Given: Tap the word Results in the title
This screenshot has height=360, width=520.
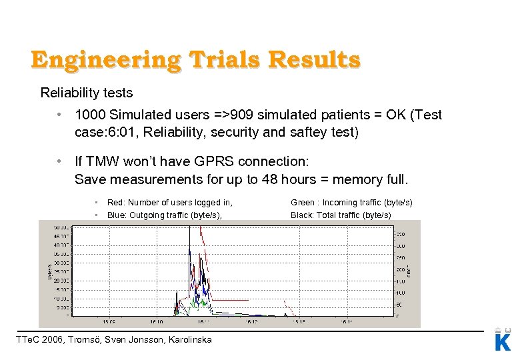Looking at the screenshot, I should pos(313,61).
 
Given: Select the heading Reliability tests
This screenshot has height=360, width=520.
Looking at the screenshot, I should pos(87,93).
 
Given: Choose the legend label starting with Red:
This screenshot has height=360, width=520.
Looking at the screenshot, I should pos(169,203).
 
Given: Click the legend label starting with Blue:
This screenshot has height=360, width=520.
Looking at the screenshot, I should pos(164,215).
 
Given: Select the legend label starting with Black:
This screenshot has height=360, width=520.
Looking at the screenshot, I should pos(341,215).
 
